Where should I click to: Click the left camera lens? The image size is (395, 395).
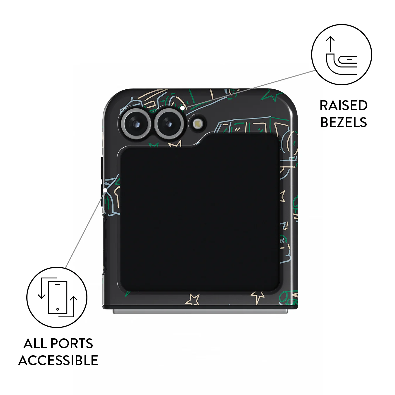tap(136, 124)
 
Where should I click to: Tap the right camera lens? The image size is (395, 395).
tap(169, 124)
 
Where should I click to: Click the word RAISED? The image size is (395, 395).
tap(344, 105)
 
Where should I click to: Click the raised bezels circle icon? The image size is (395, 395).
tap(341, 55)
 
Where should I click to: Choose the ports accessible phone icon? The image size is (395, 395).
tap(58, 297)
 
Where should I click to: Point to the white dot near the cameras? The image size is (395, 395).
tap(182, 108)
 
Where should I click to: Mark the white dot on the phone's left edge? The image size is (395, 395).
tap(105, 190)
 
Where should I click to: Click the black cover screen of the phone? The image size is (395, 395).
tap(199, 213)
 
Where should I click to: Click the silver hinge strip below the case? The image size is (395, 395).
tap(200, 311)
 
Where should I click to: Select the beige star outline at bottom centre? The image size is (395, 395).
tap(192, 300)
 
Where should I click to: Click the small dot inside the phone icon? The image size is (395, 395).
tap(58, 309)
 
